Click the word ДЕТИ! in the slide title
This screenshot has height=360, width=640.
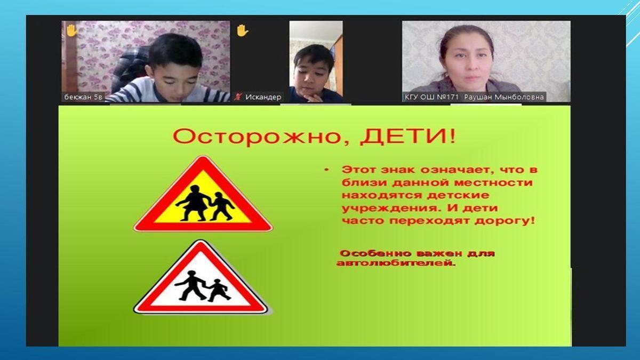[407, 137]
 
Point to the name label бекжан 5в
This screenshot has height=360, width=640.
[83, 97]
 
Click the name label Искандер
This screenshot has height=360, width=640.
[263, 97]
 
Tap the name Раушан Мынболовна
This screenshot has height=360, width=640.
[503, 97]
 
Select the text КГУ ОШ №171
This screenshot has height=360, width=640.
[431, 97]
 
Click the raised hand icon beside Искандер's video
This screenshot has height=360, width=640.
[243, 30]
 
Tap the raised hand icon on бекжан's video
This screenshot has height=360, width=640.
[71, 30]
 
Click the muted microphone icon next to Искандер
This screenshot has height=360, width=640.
[237, 97]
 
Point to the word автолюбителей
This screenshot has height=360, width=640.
[396, 263]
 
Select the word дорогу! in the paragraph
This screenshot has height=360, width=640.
[505, 221]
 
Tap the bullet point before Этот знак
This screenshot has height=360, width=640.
[326, 170]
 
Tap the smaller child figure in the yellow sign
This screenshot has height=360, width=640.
[221, 206]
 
